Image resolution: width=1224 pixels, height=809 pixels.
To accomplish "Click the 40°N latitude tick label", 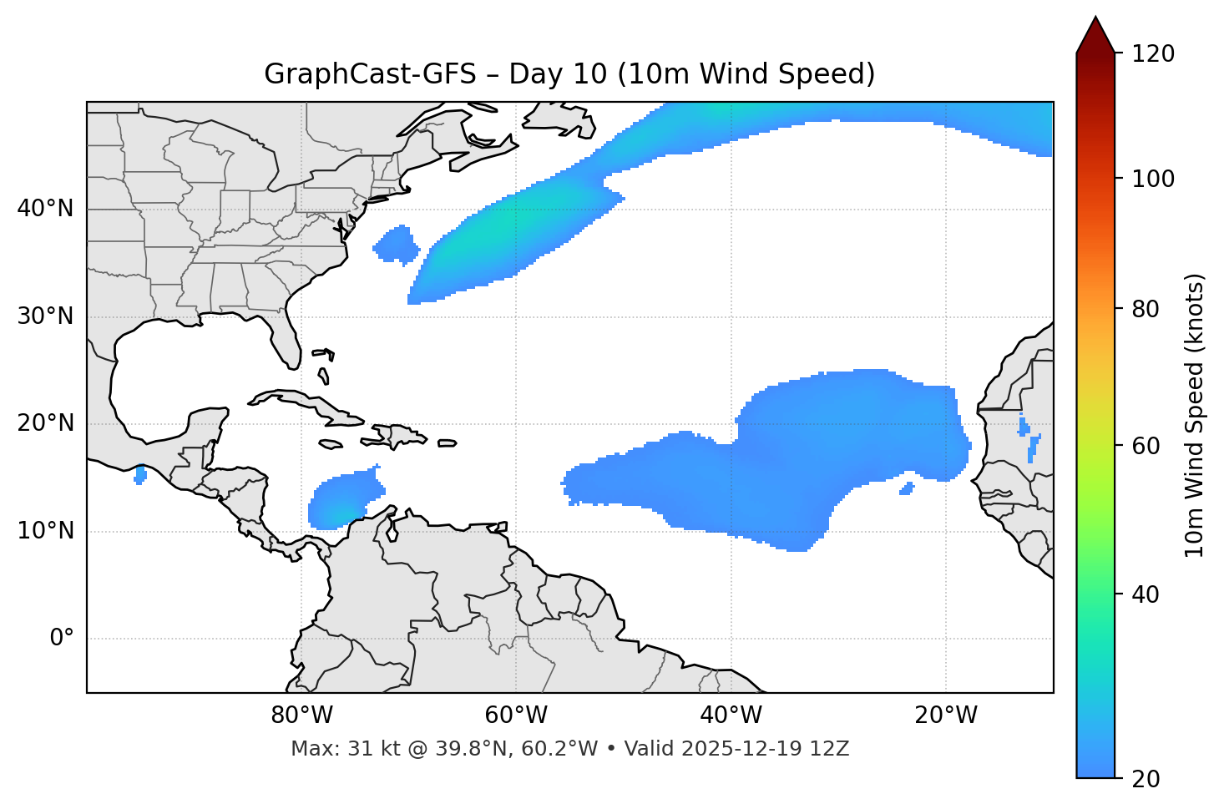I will pyautogui.click(x=45, y=209).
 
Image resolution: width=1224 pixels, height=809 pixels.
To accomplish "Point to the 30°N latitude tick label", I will pyautogui.click(x=45, y=316).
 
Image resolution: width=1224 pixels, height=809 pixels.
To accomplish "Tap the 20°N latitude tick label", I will pyautogui.click(x=45, y=424).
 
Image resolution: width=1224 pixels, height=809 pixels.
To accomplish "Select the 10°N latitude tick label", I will pyautogui.click(x=45, y=531).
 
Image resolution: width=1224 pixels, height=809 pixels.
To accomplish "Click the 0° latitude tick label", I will pyautogui.click(x=62, y=639).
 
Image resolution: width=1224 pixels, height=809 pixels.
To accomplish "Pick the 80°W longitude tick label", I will pyautogui.click(x=301, y=715).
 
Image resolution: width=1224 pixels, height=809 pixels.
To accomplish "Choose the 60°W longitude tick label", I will pyautogui.click(x=516, y=715).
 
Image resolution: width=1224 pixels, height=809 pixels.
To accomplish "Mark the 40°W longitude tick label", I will pyautogui.click(x=731, y=715).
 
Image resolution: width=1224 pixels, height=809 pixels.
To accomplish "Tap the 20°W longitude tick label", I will pyautogui.click(x=946, y=715).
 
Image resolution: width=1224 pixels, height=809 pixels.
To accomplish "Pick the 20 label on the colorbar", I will pyautogui.click(x=1146, y=779).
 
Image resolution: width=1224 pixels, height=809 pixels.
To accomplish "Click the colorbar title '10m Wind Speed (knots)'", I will pyautogui.click(x=1195, y=415).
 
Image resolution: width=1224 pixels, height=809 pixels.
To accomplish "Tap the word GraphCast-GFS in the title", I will pyautogui.click(x=370, y=74).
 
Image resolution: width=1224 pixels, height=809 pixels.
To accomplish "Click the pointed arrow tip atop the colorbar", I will pyautogui.click(x=1095, y=25).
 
